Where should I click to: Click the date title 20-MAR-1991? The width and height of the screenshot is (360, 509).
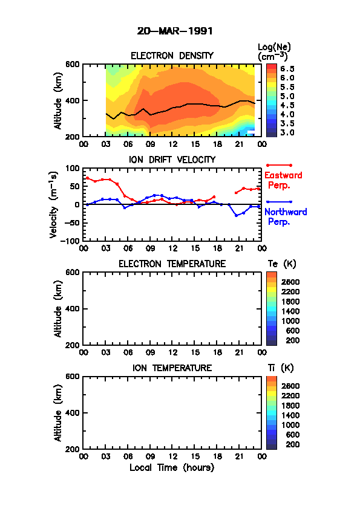coord(175,31)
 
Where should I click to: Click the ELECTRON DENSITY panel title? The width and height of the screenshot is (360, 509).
coord(172,56)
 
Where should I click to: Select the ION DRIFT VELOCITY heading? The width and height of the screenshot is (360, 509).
coord(172,160)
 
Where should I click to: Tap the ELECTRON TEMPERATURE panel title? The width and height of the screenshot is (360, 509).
coord(172,264)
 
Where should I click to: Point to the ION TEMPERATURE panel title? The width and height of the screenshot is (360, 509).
coord(172,368)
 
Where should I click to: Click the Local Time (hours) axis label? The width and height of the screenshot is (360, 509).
coord(172,468)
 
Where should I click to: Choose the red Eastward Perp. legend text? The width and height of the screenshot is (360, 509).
coord(283,180)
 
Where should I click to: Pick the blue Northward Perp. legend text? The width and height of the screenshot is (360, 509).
coord(286,217)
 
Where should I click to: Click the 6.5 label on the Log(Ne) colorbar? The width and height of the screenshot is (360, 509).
coord(287,69)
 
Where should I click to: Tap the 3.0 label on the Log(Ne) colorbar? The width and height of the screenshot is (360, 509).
coord(287,132)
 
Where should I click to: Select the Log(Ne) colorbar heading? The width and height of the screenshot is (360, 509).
coord(274,52)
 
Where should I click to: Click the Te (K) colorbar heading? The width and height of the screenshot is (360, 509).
coord(282,264)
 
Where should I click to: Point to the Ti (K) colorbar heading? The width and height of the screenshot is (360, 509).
coord(281,368)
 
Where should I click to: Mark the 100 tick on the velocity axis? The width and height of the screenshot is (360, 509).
coord(73,168)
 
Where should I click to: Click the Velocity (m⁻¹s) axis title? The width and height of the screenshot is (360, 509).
coord(54,204)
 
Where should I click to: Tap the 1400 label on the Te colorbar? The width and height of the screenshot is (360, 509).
coord(290,311)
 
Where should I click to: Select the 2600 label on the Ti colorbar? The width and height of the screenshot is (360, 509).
coord(290,386)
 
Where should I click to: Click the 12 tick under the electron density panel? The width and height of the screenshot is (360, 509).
coord(172,144)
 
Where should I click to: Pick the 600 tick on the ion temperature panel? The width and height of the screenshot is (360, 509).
coord(73,377)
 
